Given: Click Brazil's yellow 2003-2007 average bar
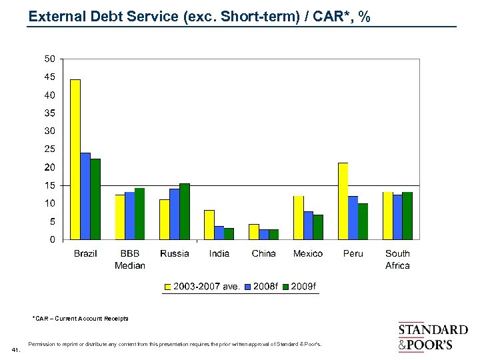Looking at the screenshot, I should pos(75,159).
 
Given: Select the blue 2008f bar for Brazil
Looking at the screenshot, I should pos(85,196).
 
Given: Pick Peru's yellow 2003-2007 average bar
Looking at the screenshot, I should pos(343,201).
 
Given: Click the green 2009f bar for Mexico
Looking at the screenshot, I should pos(318,227).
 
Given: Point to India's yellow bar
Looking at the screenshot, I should pos(209,225).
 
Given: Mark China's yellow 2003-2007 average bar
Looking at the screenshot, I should pos(254,231).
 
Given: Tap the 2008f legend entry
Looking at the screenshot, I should pos(261,287).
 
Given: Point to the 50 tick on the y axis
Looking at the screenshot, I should pos(50,59).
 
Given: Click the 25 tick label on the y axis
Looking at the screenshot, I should pos(50,149).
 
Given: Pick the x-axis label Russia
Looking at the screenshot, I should pos(175,253).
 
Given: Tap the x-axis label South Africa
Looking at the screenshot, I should pos(397,259).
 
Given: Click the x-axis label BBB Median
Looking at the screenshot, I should pos(130,259).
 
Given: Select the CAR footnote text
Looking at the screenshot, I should pos(80,319).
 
